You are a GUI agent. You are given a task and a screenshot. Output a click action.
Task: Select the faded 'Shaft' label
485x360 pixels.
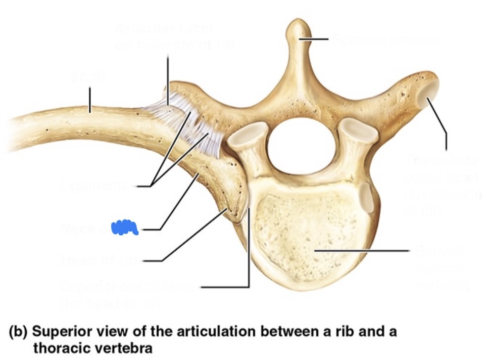(x=89, y=77)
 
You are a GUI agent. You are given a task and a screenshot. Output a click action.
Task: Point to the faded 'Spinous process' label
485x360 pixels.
(x=386, y=40)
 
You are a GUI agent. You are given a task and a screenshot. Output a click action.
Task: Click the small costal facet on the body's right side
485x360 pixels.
(x=367, y=195)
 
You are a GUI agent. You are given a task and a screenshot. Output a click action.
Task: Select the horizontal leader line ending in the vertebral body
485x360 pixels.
(x=361, y=251)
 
